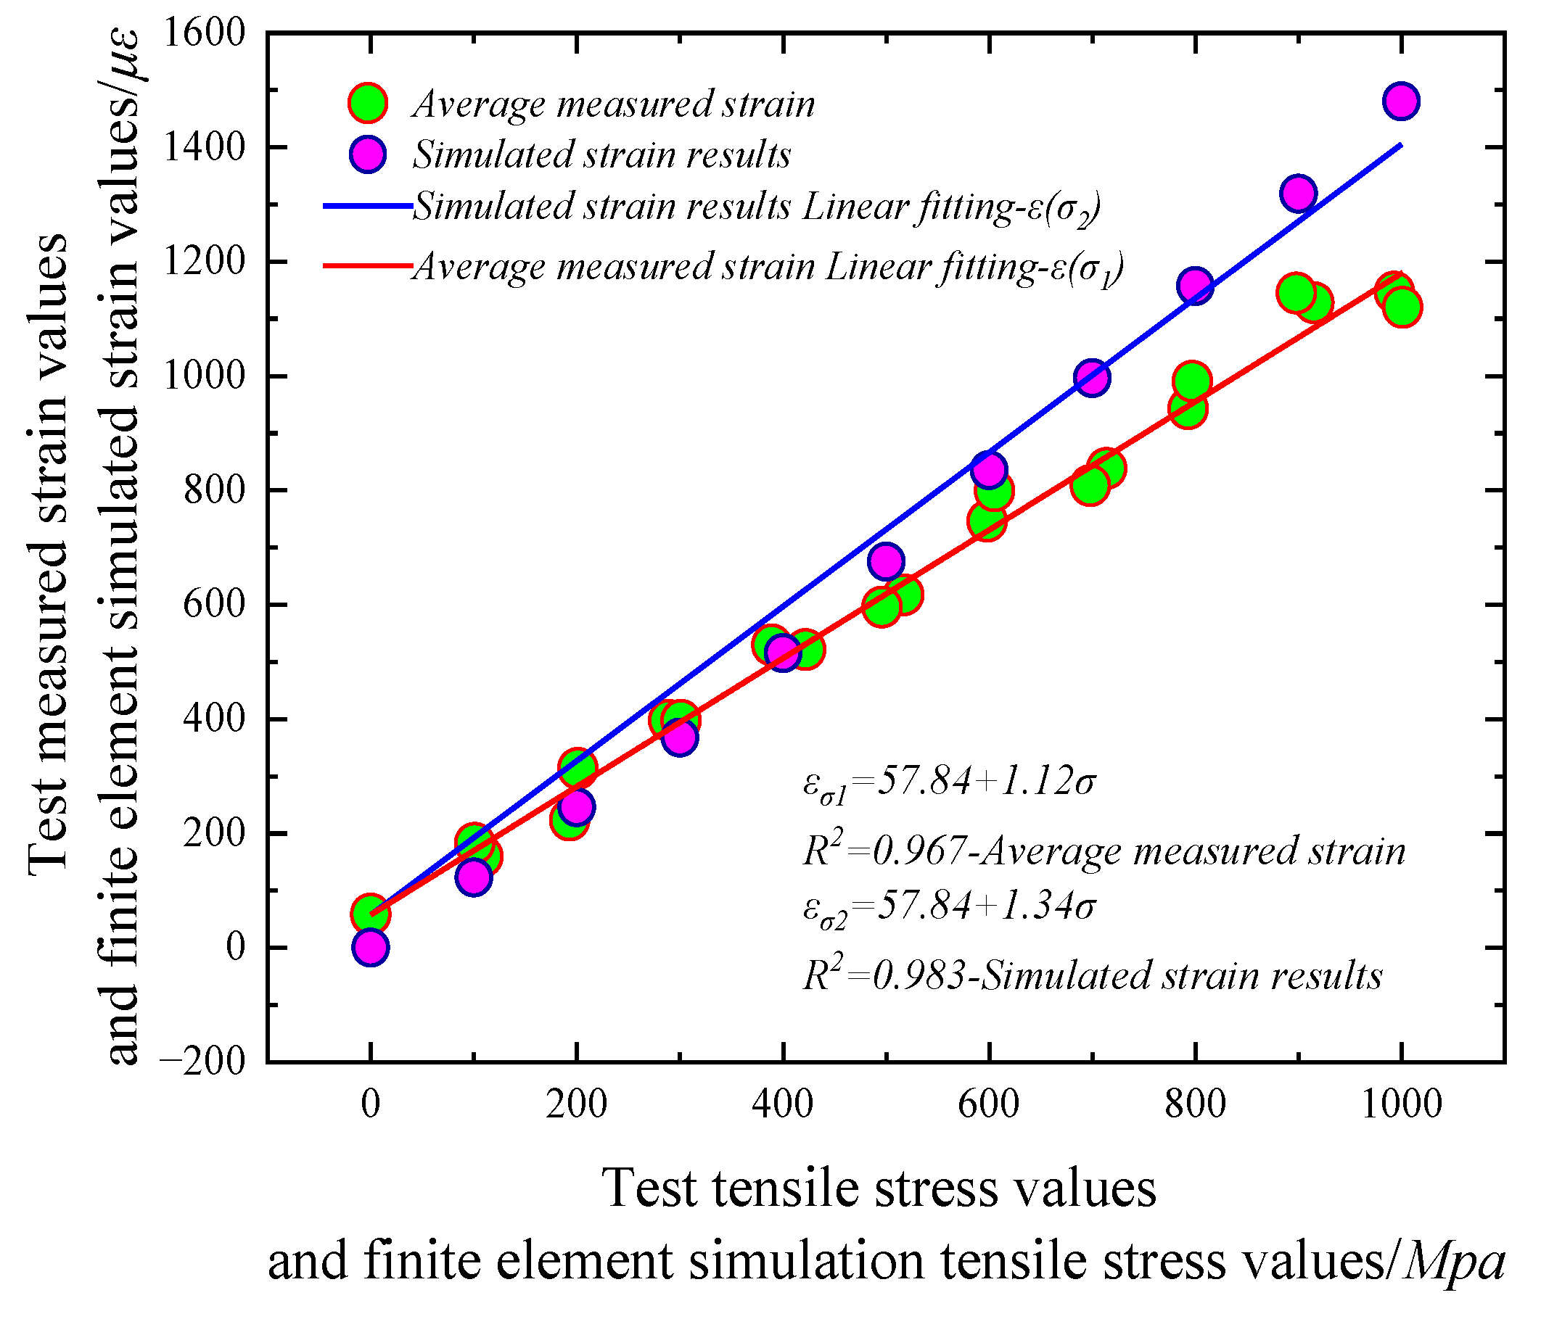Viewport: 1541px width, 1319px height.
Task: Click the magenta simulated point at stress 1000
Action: tap(1401, 100)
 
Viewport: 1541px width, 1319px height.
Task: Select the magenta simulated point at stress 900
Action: tap(1298, 194)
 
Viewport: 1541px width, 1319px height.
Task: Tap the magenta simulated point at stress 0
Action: tap(370, 947)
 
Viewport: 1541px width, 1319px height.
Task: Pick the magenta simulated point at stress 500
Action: tap(885, 561)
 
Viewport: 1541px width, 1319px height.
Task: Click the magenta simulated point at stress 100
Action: tap(473, 877)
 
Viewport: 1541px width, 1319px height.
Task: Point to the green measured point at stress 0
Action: tap(369, 914)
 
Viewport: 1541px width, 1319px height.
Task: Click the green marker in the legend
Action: tap(367, 103)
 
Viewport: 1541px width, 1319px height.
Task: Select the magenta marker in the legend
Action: tap(367, 154)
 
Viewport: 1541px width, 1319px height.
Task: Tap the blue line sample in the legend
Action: tap(367, 205)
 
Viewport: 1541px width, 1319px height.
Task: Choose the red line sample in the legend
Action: tap(367, 265)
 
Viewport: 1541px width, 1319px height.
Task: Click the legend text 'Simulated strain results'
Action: tap(601, 154)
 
